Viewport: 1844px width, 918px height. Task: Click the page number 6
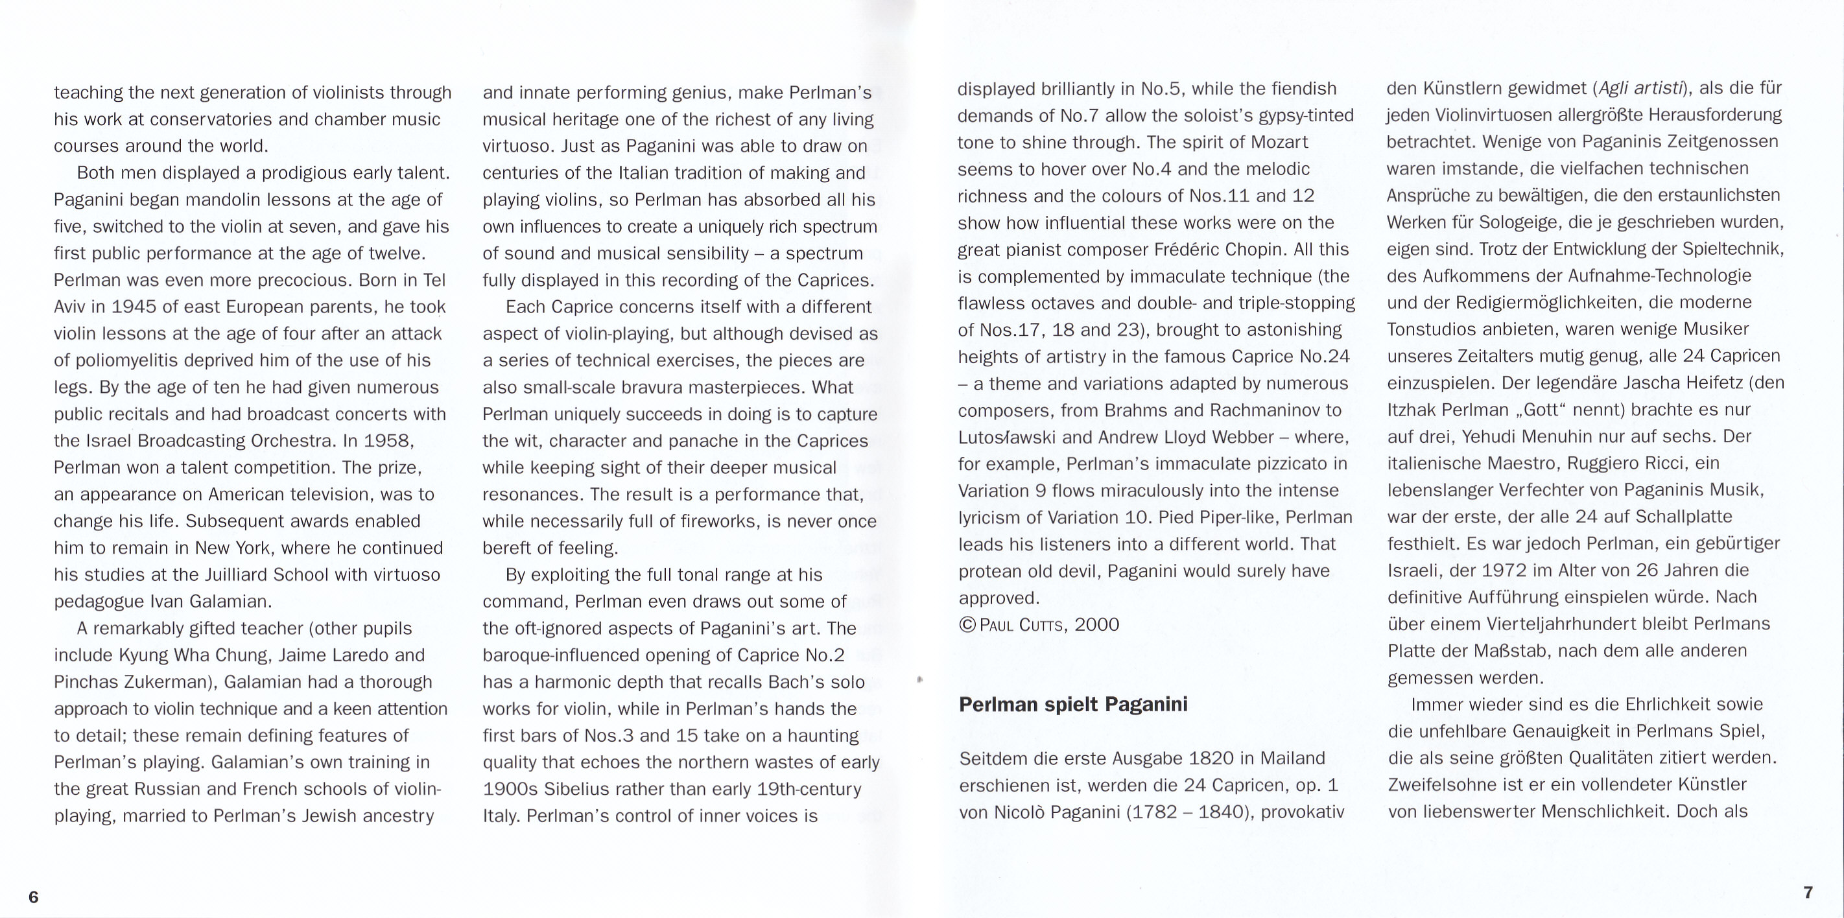(x=33, y=897)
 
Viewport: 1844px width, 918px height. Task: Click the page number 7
(x=1808, y=892)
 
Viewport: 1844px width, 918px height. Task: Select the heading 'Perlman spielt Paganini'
(x=1072, y=704)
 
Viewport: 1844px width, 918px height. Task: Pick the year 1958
(x=388, y=441)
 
